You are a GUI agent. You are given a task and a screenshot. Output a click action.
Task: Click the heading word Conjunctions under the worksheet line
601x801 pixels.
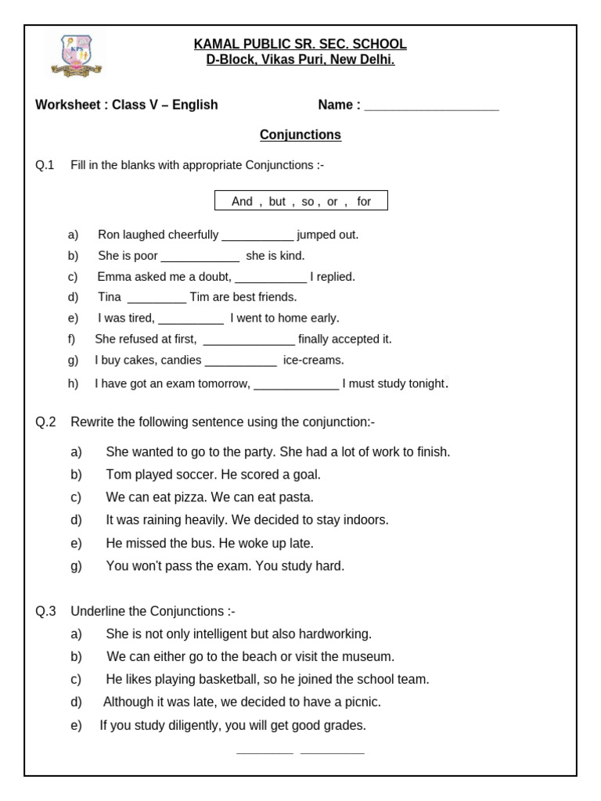300,135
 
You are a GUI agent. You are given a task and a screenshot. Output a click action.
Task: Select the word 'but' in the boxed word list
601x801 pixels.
277,202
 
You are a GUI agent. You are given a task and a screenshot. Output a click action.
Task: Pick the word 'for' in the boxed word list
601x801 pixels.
364,202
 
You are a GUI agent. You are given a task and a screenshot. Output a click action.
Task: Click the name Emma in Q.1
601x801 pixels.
112,277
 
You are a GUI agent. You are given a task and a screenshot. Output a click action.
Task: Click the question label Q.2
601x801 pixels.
45,422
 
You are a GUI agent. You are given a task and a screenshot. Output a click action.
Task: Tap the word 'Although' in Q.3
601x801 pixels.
128,702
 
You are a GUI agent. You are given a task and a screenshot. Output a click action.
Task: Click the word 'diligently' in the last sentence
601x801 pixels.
190,726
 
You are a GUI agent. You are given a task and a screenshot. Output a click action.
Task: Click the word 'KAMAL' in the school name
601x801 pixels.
214,45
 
